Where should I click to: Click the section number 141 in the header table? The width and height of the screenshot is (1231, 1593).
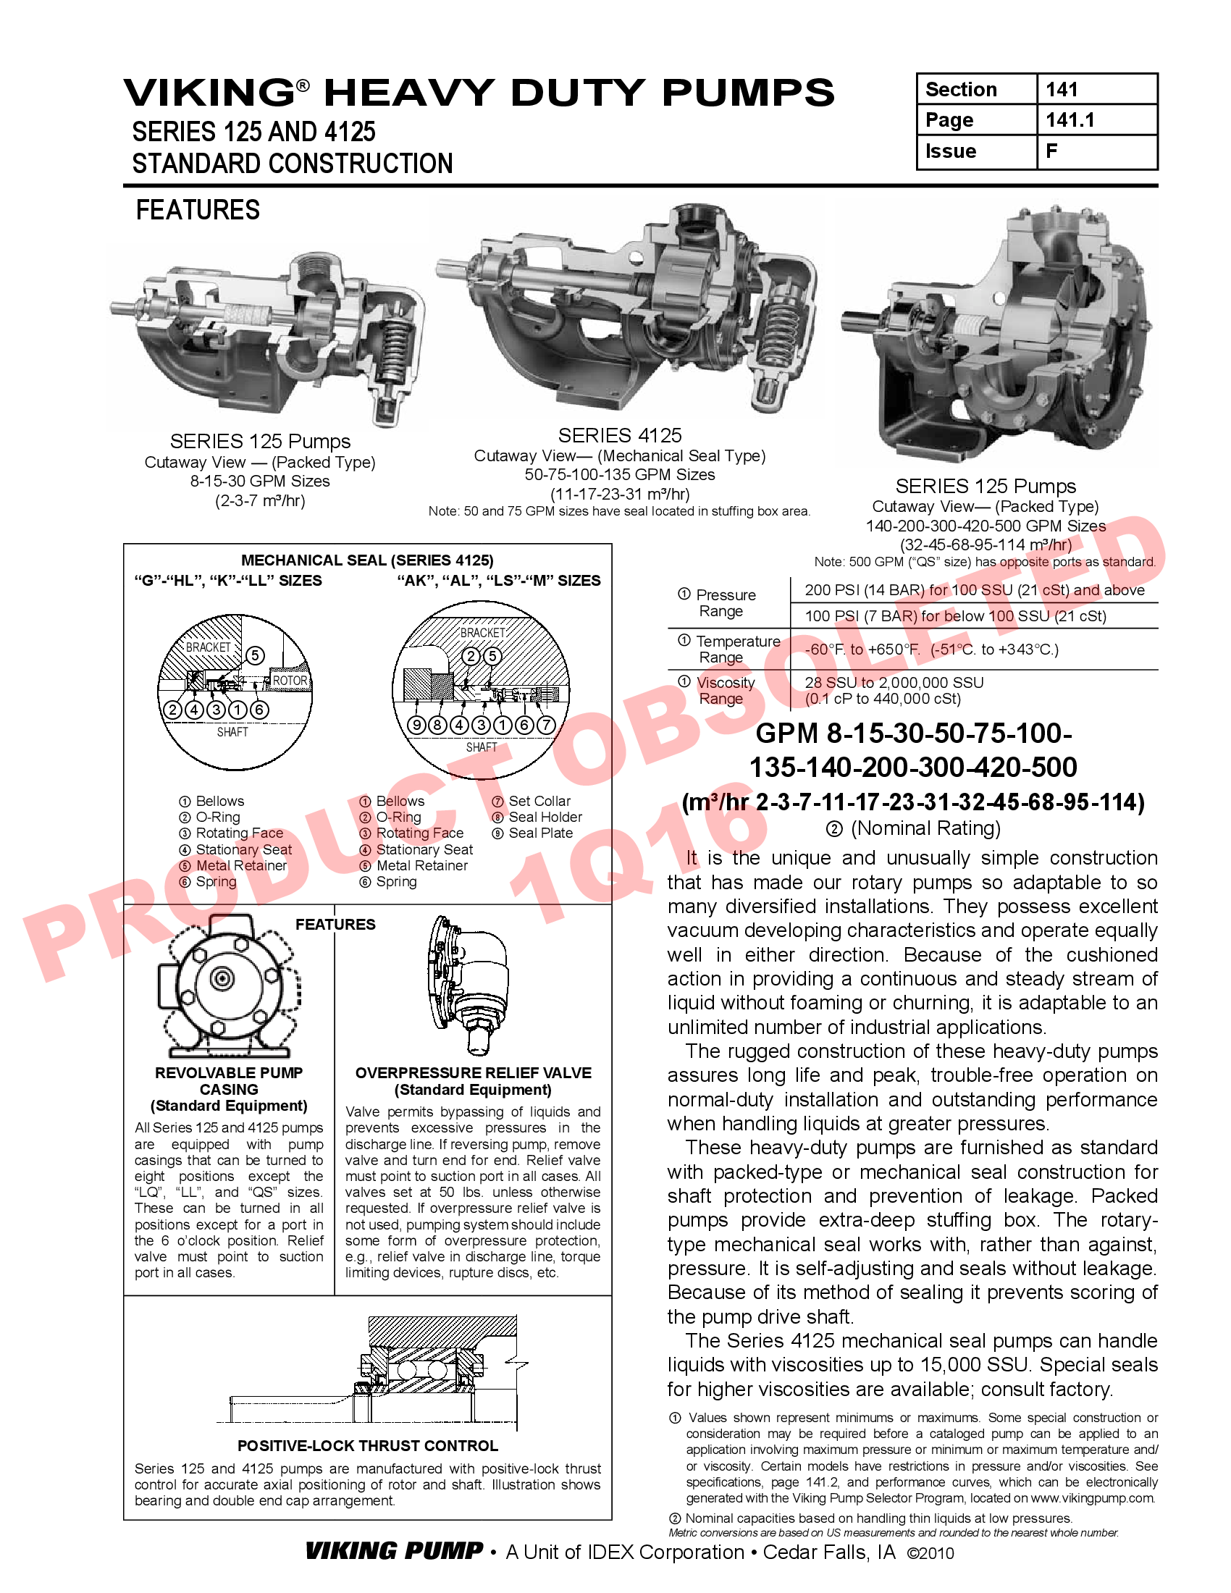pos(1061,89)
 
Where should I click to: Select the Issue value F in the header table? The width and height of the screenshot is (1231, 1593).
pos(1051,151)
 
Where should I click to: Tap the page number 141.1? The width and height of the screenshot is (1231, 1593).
pos(1070,119)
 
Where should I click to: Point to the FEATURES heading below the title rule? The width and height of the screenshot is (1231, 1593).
pos(198,210)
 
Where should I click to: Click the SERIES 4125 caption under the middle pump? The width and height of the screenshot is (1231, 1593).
pos(620,435)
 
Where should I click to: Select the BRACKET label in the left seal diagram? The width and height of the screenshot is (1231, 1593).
pos(208,647)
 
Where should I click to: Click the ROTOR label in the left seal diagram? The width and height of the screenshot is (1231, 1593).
pos(290,681)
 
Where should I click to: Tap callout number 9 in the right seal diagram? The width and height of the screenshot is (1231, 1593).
pos(416,725)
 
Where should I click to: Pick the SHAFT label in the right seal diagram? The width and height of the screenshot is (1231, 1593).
pos(482,747)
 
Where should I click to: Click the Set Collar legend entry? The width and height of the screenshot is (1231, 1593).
pos(539,801)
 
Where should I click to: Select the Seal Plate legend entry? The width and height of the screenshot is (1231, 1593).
pos(540,833)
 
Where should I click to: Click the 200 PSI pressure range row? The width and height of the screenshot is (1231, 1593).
pos(974,590)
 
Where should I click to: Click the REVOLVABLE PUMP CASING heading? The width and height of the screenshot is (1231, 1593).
pos(228,1081)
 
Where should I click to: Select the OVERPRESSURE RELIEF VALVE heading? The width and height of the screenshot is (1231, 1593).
pos(474,1073)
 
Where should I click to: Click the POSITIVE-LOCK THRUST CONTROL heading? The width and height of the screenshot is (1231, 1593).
pos(368,1446)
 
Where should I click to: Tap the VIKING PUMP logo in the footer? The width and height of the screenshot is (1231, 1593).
pos(394,1551)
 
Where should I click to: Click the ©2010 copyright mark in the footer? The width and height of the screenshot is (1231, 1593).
pos(930,1553)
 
